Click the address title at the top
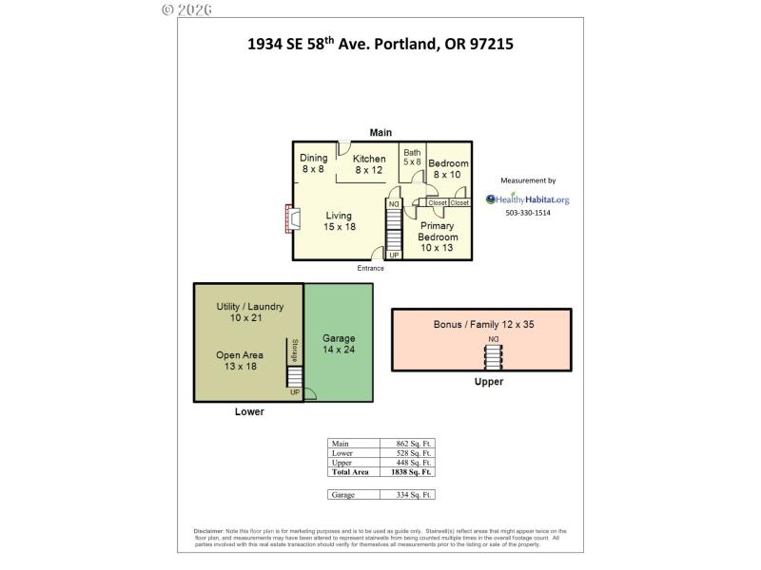point(380,44)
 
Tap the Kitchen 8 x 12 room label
point(369,164)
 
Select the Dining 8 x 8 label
point(313,163)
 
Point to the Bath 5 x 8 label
point(412,157)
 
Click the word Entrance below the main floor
point(371,268)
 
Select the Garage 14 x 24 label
point(339,344)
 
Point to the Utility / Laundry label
point(249,313)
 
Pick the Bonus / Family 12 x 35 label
point(483,325)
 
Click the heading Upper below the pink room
point(488,382)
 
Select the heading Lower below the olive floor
point(249,412)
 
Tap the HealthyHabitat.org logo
point(528,199)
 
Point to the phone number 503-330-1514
point(528,213)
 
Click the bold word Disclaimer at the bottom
point(208,531)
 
